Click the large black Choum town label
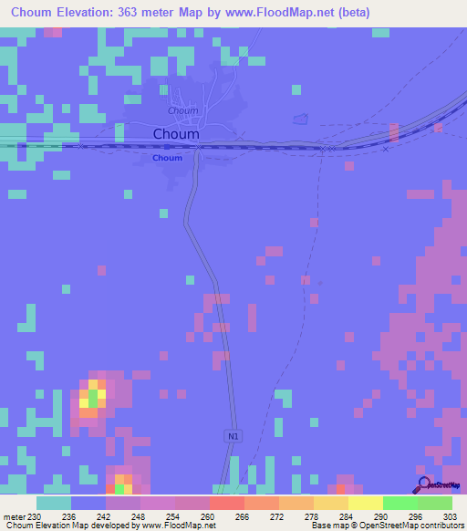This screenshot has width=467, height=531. tap(176, 134)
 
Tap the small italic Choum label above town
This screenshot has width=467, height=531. tap(182, 110)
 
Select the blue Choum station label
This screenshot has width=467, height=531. tap(167, 158)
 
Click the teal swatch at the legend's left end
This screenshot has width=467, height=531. tap(54, 503)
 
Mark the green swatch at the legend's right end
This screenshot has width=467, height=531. tap(434, 503)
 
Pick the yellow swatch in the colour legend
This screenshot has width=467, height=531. tap(365, 503)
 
